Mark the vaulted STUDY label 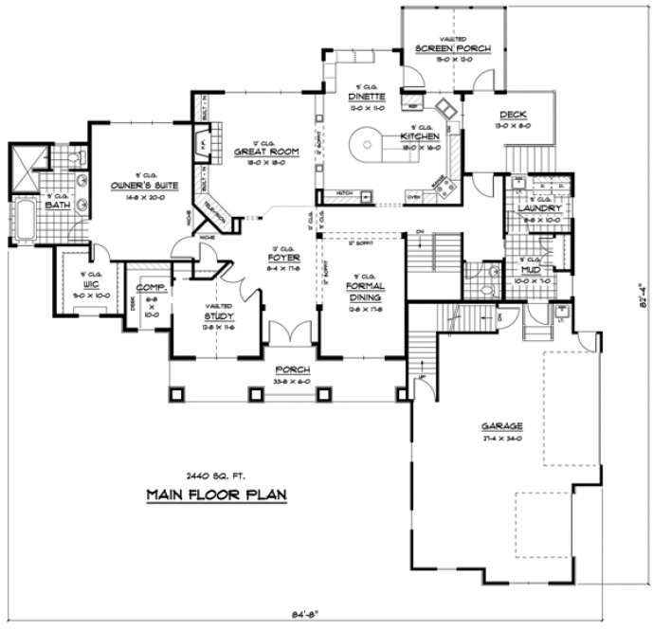pyautogui.click(x=219, y=318)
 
